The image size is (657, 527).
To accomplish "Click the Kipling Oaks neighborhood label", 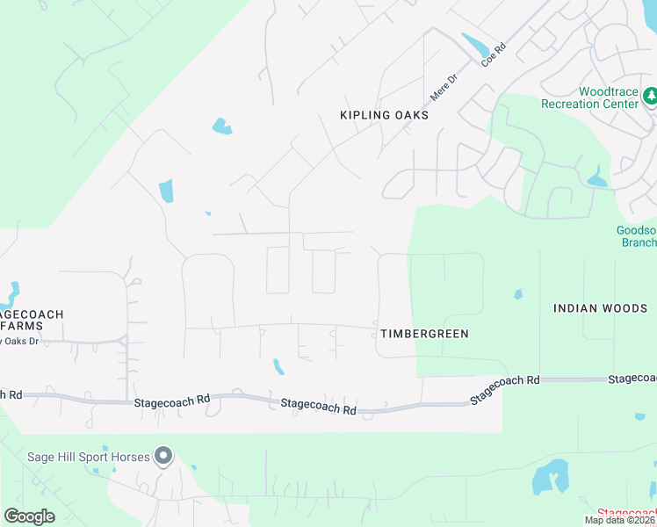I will coord(384,115).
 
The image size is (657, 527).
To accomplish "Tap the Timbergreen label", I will coord(425,334).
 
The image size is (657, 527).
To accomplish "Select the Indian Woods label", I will coord(600,308).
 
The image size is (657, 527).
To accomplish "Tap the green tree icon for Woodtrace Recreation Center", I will coord(650,94).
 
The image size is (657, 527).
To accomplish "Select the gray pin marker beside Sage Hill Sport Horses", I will coord(162,455).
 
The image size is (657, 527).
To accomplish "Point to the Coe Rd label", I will coord(495,54).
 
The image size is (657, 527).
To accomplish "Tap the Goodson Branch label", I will coord(636,236).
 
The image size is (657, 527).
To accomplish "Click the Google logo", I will coord(29,516).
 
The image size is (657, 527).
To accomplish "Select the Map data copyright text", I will coord(619,520).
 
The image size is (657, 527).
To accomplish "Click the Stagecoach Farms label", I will coord(32,320).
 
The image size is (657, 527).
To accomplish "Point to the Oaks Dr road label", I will coord(19,341).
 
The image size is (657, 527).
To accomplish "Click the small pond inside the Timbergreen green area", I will coord(518,294).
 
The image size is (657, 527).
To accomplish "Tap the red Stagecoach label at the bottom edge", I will coord(626,513).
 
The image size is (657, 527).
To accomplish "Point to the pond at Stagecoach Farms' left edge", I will coord(11,292).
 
